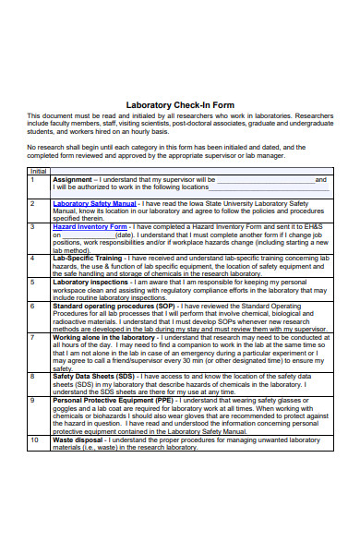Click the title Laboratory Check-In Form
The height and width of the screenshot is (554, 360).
tap(179, 104)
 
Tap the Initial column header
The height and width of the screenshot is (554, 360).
tap(38, 171)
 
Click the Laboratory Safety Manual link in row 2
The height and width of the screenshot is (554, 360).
tap(94, 202)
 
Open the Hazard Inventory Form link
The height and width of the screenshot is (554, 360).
tap(90, 226)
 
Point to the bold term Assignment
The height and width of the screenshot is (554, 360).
tap(72, 179)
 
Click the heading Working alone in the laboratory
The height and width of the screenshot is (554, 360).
tap(105, 338)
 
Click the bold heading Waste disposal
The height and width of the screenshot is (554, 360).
tap(79, 440)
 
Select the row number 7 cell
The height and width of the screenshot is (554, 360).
tap(32, 338)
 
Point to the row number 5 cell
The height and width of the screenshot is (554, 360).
tap(32, 282)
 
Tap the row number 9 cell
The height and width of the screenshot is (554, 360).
tap(32, 401)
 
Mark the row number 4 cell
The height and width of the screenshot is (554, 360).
tap(32, 258)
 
